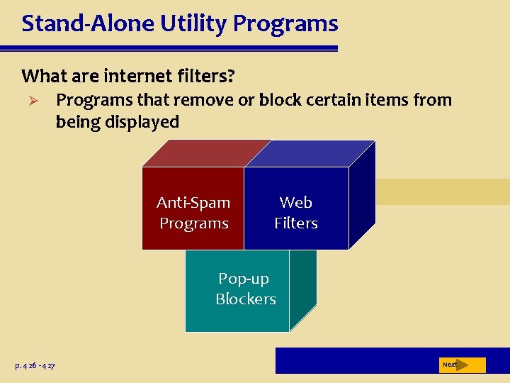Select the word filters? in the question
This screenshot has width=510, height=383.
coord(205,75)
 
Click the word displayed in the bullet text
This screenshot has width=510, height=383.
coord(142,122)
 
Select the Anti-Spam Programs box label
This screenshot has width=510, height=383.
coord(193,213)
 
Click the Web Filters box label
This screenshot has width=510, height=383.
coord(296,213)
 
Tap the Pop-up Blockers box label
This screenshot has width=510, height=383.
coord(245,289)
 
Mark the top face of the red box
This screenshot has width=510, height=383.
coord(205,152)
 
